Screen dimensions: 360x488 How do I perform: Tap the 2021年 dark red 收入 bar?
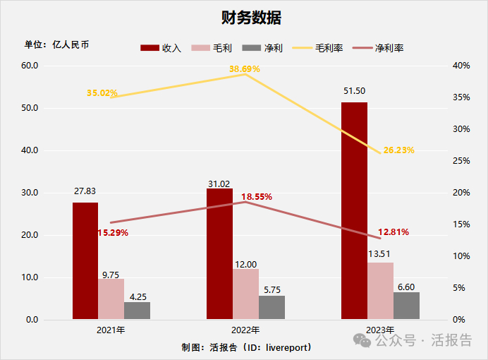(85, 260)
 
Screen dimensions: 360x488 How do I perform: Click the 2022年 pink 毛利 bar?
(246, 294)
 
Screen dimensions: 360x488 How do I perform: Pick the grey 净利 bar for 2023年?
(406, 306)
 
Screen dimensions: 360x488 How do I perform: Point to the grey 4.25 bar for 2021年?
(137, 311)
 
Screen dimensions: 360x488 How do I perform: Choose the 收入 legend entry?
(161, 48)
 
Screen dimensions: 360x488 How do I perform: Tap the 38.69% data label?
(245, 69)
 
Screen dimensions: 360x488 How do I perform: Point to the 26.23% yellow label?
(398, 150)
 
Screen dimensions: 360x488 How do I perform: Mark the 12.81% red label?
(394, 232)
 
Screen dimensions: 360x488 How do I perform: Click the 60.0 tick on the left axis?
(29, 66)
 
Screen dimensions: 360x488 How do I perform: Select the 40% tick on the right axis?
(461, 66)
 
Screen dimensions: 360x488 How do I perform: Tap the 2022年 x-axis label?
(245, 330)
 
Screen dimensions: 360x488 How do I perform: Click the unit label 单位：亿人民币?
(57, 44)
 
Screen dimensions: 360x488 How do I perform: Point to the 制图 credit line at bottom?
(246, 347)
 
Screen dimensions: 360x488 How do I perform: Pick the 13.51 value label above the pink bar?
(380, 253)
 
